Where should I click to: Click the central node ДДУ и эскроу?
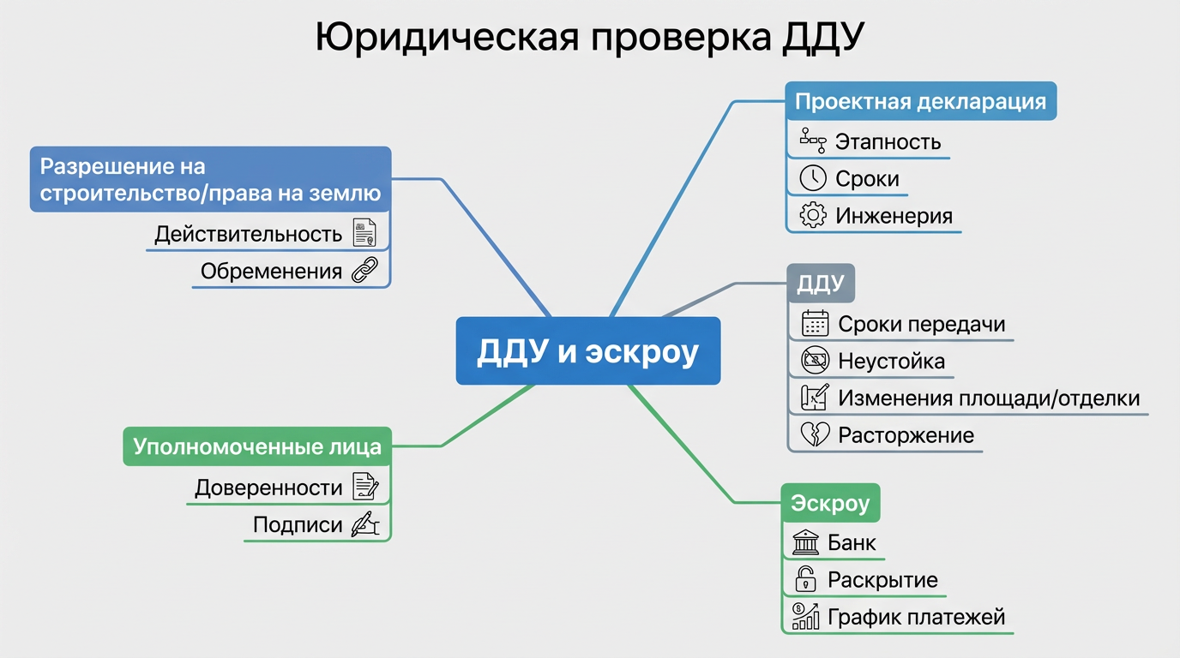(587, 351)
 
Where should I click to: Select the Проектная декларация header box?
(920, 101)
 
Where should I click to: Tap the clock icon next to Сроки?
(813, 178)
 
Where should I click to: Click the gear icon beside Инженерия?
(813, 215)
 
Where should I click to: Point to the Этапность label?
(888, 141)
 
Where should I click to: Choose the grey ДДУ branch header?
(821, 284)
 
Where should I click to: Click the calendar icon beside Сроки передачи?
(815, 324)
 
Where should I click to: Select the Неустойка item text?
(891, 361)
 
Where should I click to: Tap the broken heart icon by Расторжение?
(814, 434)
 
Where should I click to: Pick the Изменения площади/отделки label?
(989, 398)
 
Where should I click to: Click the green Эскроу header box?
(830, 503)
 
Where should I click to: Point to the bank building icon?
(805, 542)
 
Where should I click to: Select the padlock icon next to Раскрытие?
(804, 580)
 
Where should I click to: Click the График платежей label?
(916, 617)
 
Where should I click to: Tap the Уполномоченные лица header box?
(256, 446)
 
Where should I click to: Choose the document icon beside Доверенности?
(366, 488)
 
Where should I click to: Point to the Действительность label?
(248, 234)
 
